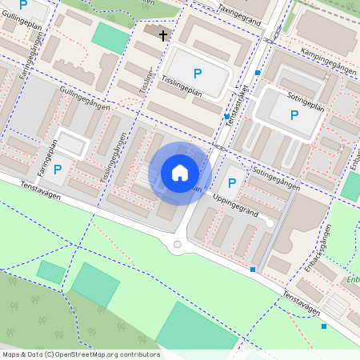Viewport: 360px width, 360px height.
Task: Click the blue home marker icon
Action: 180,173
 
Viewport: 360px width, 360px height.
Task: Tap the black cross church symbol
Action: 163,35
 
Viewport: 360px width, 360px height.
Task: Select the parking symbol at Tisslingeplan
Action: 198,73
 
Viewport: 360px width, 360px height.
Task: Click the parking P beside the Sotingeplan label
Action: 294,116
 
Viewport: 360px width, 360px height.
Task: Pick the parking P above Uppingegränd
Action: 232,184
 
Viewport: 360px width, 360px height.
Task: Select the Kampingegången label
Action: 329,60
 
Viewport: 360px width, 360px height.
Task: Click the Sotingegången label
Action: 276,179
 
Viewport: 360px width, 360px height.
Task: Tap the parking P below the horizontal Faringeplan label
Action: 58,170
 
